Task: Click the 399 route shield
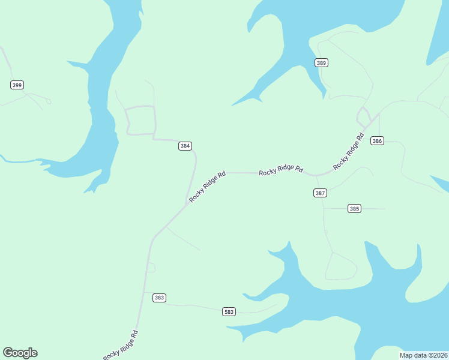click(17, 85)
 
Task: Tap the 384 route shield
click(185, 146)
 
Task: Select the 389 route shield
click(321, 62)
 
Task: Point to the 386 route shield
click(376, 141)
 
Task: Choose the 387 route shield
click(320, 193)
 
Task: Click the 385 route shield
click(354, 209)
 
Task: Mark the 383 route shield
click(159, 298)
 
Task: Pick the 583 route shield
click(229, 311)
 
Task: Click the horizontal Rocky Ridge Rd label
click(281, 170)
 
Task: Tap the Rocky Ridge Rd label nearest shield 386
click(349, 151)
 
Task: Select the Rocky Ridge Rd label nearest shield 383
click(121, 345)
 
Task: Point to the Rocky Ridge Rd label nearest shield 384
click(207, 187)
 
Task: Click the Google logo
click(20, 353)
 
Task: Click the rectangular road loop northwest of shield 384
click(141, 120)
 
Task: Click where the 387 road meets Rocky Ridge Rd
click(316, 176)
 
